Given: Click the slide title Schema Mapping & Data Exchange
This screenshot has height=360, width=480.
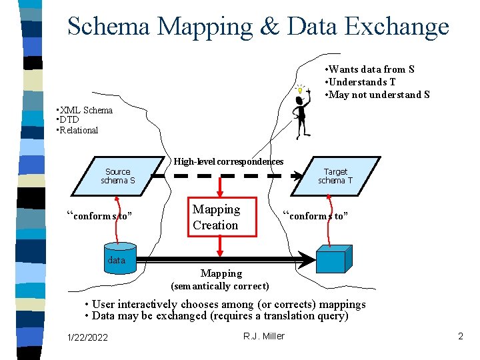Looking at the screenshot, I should [x=258, y=27].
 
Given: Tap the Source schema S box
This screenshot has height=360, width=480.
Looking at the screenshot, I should [x=118, y=176].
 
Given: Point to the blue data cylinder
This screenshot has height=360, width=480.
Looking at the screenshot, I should [x=117, y=260].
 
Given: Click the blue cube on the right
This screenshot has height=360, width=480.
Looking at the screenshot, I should [x=334, y=259].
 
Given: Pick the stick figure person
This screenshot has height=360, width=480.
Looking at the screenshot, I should [x=301, y=116].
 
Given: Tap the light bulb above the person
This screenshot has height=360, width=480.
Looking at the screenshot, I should [x=301, y=89].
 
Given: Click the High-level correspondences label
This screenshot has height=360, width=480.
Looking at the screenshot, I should [x=228, y=161].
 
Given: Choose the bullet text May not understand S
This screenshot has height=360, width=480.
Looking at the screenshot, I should [x=377, y=95].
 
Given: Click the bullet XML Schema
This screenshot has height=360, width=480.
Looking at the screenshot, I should [x=85, y=110].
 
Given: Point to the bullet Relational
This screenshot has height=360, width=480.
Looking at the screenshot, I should [x=79, y=130].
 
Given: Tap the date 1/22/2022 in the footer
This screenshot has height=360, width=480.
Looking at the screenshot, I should [x=87, y=337].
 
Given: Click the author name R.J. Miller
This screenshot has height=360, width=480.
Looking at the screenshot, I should [x=264, y=336].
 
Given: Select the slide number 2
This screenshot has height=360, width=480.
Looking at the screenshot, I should [x=460, y=337].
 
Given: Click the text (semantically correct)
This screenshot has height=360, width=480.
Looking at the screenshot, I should [x=220, y=286].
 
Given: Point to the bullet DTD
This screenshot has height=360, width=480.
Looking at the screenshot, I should [x=69, y=120].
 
